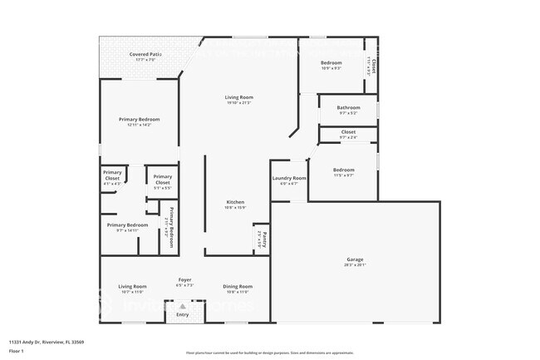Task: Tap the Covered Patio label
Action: click(145, 54)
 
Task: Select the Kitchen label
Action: click(236, 202)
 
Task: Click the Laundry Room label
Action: click(289, 178)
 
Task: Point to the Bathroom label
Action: click(348, 107)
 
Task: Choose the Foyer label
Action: click(185, 279)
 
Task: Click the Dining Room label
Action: click(238, 286)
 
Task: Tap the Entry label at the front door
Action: click(183, 314)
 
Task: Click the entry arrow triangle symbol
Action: click(183, 306)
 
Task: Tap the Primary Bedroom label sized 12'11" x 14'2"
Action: click(138, 120)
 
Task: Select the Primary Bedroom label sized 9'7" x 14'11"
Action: click(127, 225)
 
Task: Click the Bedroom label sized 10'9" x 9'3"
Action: click(331, 63)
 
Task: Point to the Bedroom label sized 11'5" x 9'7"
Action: click(343, 170)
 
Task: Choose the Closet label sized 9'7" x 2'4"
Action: click(348, 131)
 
